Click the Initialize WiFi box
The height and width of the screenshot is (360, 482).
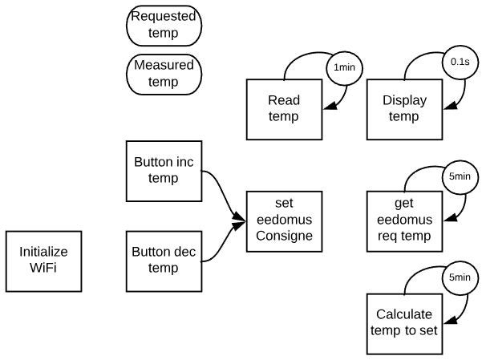pyautogui.click(x=43, y=261)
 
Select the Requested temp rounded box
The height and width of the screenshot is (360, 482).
pyautogui.click(x=164, y=26)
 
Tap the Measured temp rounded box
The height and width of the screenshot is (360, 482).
pyautogui.click(x=164, y=75)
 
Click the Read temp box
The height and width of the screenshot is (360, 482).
pyautogui.click(x=284, y=110)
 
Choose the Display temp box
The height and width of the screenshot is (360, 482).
pyautogui.click(x=404, y=110)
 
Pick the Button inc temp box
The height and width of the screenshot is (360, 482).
pyautogui.click(x=164, y=172)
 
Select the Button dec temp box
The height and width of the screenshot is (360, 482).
pyautogui.click(x=164, y=261)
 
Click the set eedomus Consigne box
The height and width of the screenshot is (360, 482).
pyautogui.click(x=284, y=221)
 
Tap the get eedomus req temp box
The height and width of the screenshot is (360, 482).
pyautogui.click(x=404, y=221)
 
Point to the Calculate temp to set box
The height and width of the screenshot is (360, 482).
pyautogui.click(x=404, y=324)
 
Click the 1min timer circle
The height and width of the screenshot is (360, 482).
pyautogui.click(x=344, y=67)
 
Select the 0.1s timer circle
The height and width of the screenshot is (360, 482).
pyautogui.click(x=460, y=62)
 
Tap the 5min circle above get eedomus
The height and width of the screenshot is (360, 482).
pyautogui.click(x=460, y=176)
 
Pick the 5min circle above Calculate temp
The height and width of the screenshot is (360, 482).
pyautogui.click(x=460, y=277)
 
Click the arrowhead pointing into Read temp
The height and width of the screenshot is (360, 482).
pyautogui.click(x=330, y=106)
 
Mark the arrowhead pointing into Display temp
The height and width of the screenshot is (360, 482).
pyautogui.click(x=450, y=106)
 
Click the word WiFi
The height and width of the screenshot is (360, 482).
pyautogui.click(x=43, y=268)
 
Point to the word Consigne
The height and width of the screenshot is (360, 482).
pyautogui.click(x=285, y=236)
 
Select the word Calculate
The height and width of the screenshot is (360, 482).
pyautogui.click(x=404, y=314)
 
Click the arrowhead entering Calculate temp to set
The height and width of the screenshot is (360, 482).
pyautogui.click(x=450, y=321)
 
